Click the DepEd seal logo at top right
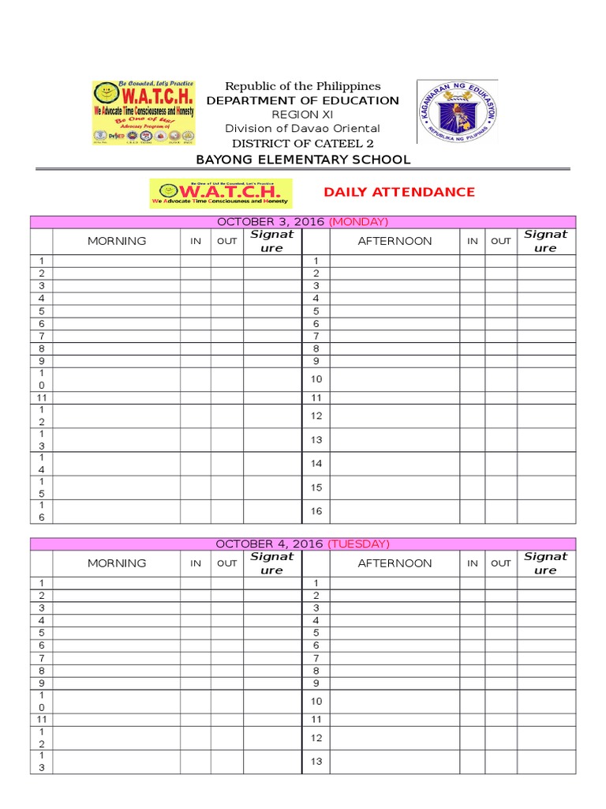coord(458,111)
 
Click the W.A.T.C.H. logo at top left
coord(143,111)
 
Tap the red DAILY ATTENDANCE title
coord(399,192)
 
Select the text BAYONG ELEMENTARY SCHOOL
coord(303,160)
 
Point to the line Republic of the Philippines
coord(303,86)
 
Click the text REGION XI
coord(303,115)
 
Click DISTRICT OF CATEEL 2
coord(303,143)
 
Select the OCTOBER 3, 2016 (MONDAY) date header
coord(303,222)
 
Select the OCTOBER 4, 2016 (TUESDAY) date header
coord(303,544)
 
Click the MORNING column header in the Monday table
coord(117,241)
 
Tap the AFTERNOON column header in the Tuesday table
coord(395,563)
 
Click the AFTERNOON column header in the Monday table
coord(395,241)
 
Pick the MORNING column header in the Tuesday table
coord(117,563)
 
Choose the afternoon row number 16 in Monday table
coord(316,511)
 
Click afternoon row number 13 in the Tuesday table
coord(316,762)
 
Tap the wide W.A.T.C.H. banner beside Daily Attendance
coord(221,193)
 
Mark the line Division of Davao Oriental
coord(303,129)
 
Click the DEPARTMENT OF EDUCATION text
coord(303,100)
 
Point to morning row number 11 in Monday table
coord(42,398)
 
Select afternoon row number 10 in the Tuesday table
coord(316,701)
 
